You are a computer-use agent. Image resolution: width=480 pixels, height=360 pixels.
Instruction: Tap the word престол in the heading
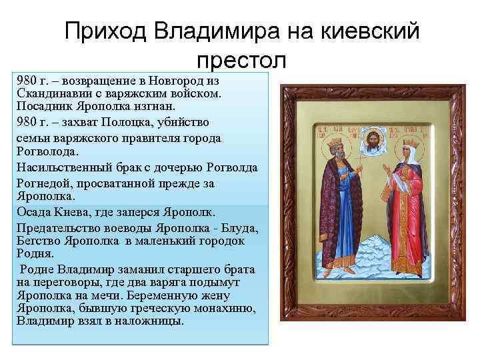click(242, 61)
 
